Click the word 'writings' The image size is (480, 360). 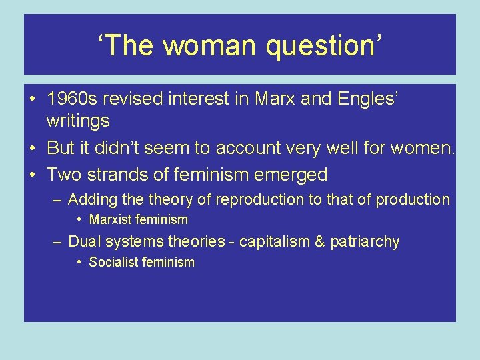tap(78, 121)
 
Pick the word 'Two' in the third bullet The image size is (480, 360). tap(62, 175)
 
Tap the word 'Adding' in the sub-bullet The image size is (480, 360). tap(90, 199)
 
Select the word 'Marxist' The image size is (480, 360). tap(112, 219)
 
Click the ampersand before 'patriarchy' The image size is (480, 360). tap(317, 241)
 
